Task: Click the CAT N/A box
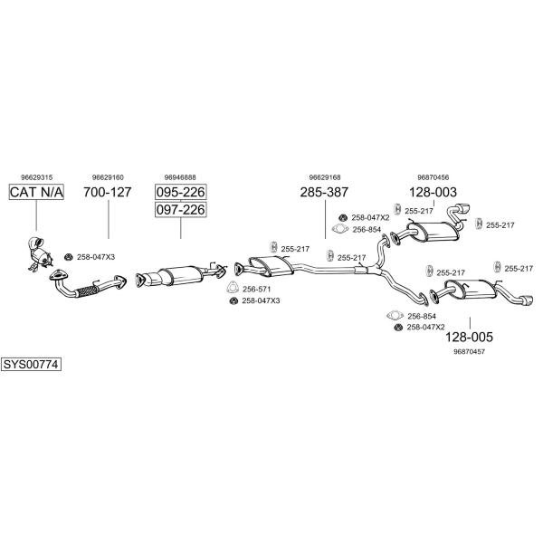[x=36, y=192]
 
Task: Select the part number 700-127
[x=108, y=192]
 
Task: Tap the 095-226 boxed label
[x=180, y=192]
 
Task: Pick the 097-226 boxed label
[x=180, y=210]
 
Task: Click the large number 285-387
[x=324, y=192]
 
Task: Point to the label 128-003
[x=433, y=192]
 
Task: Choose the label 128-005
[x=469, y=337]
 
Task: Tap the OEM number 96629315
[x=36, y=177]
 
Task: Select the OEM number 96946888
[x=180, y=177]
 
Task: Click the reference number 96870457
[x=469, y=351]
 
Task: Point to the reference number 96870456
[x=433, y=177]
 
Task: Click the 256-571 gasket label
[x=256, y=289]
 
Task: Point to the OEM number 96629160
[x=108, y=177]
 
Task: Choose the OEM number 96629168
[x=324, y=177]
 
